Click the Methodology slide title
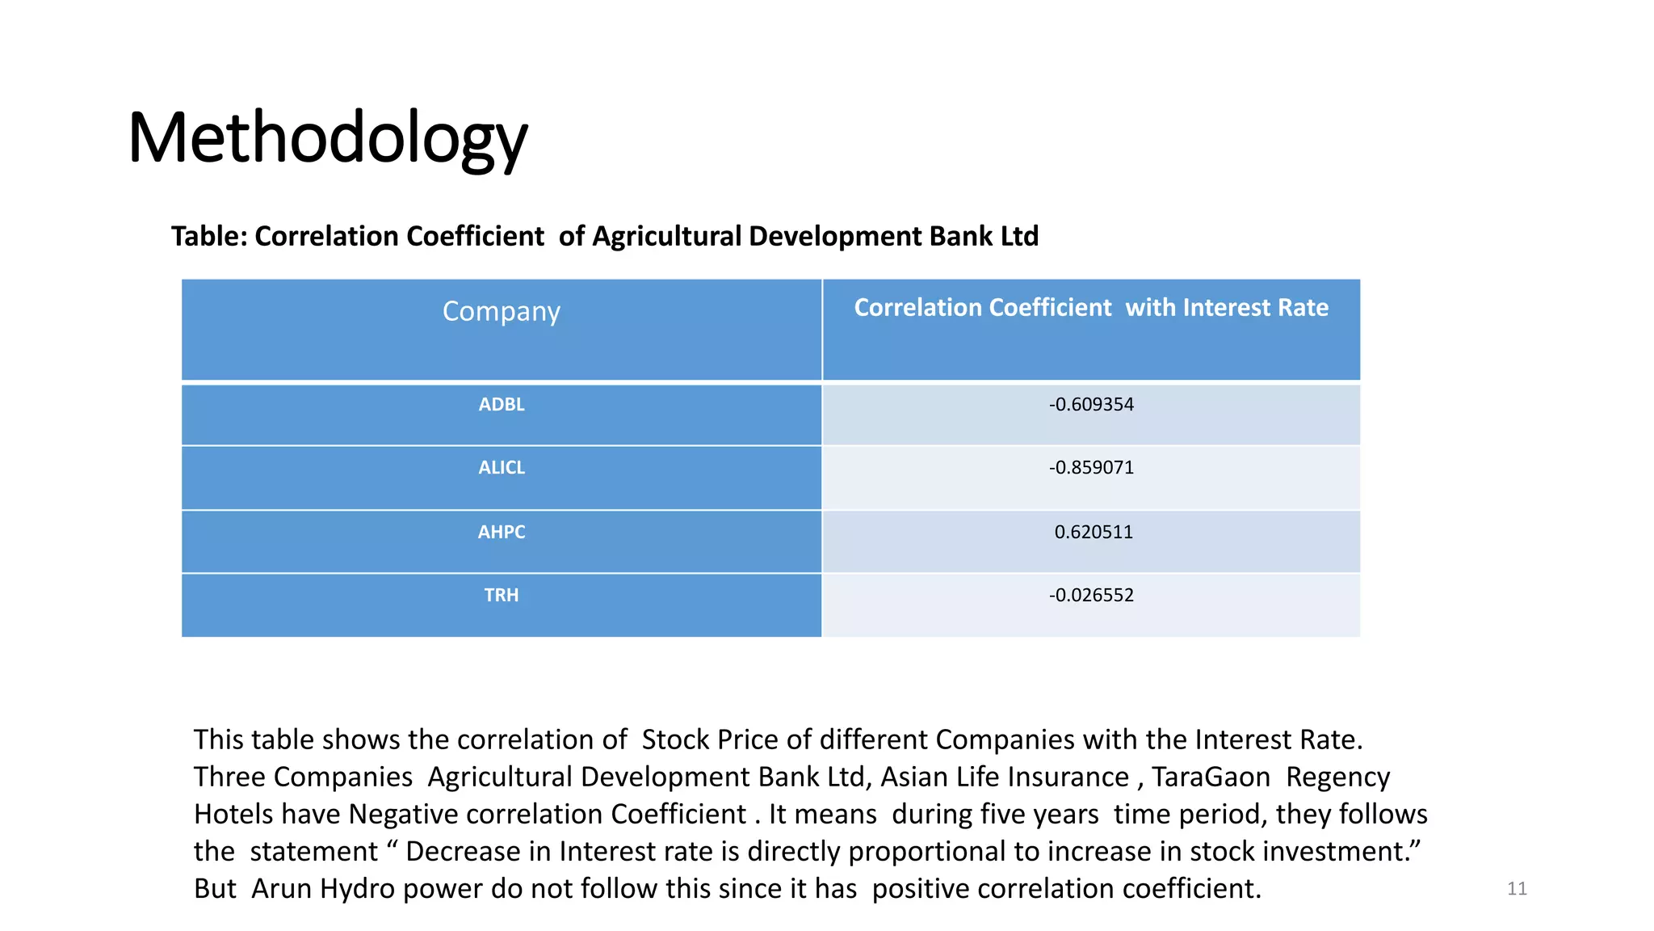328,138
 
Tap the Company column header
501,311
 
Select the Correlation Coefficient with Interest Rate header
1091,308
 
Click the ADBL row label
502,405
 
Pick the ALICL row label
502,468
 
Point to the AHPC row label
502,533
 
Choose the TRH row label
502,596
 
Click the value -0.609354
1091,405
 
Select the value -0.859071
1091,468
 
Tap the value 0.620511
1094,533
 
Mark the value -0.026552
1091,596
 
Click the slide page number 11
1517,889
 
